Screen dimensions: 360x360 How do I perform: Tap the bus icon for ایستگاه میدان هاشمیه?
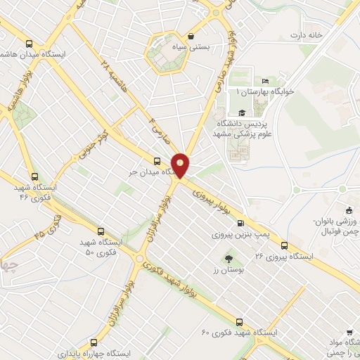click(x=27, y=42)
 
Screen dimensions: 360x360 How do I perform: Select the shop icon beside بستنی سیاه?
click(x=191, y=36)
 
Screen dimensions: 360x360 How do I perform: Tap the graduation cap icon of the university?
click(x=242, y=113)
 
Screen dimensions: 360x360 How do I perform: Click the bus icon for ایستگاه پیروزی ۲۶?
click(x=285, y=245)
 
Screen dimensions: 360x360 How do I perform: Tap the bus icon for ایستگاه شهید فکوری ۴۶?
click(x=34, y=177)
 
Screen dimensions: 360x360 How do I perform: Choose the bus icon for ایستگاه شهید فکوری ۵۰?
click(x=100, y=231)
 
